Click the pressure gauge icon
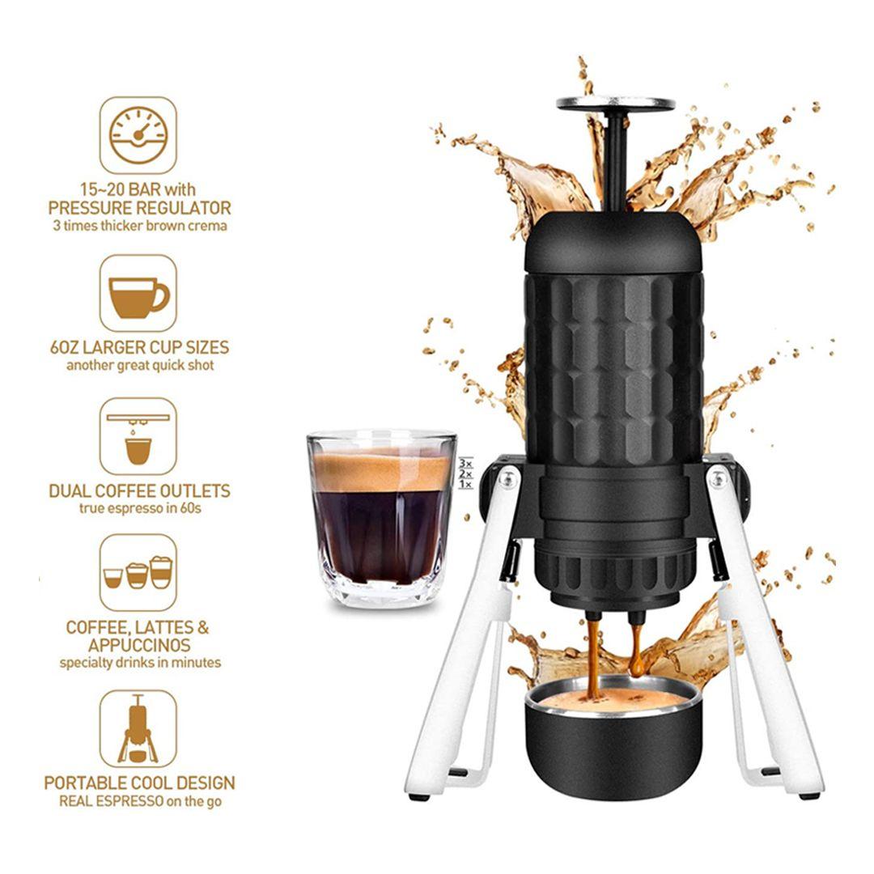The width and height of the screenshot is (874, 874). point(138,135)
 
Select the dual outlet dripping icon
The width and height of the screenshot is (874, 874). point(138,436)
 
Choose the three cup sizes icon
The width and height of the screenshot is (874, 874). point(138,572)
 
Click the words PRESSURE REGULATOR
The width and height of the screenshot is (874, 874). point(139,208)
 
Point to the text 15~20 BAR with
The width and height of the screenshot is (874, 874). point(138,189)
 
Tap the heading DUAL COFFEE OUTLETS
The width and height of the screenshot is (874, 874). point(139,490)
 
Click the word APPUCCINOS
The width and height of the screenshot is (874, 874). point(139,646)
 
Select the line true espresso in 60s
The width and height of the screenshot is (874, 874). point(140,507)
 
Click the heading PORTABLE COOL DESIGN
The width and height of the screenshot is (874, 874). point(139,783)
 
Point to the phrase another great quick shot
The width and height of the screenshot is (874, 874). point(140,365)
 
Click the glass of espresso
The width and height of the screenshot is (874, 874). point(382,519)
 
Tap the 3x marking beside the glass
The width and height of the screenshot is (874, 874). point(465,463)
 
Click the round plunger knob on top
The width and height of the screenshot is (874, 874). point(615,104)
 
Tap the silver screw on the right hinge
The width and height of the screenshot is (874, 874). point(719,478)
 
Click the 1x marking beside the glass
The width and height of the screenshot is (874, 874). point(465,485)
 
